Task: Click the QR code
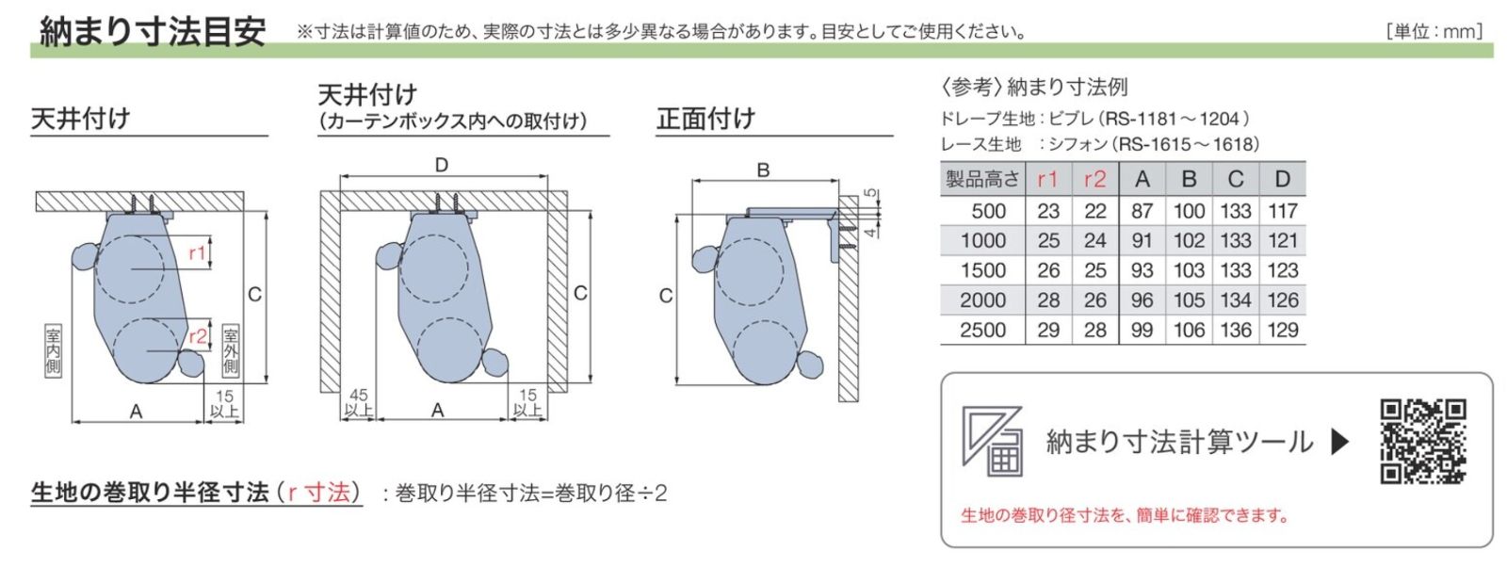pyautogui.click(x=1422, y=442)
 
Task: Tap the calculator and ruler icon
pyautogui.click(x=991, y=440)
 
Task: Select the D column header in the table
pyautogui.click(x=1282, y=179)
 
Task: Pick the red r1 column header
pyautogui.click(x=1047, y=179)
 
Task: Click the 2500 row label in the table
pyautogui.click(x=982, y=330)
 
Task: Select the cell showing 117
pyautogui.click(x=1282, y=211)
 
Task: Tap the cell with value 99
pyautogui.click(x=1142, y=330)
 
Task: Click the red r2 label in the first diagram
pyautogui.click(x=197, y=336)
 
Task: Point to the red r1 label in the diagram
pyautogui.click(x=197, y=252)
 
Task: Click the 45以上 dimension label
pyautogui.click(x=359, y=402)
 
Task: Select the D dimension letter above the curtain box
pyautogui.click(x=442, y=165)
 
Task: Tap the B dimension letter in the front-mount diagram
pyautogui.click(x=763, y=170)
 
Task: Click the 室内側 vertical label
pyautogui.click(x=53, y=350)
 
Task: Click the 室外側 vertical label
pyautogui.click(x=231, y=350)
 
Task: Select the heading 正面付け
pyautogui.click(x=705, y=119)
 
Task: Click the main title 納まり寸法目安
pyautogui.click(x=152, y=31)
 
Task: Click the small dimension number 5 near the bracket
pyautogui.click(x=871, y=194)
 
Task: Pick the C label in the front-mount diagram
pyautogui.click(x=665, y=296)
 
